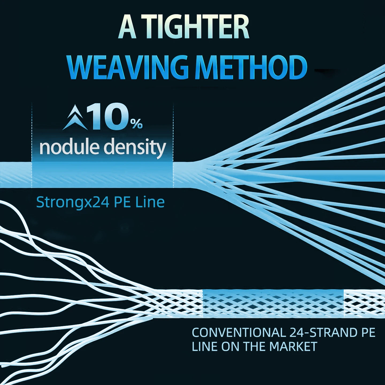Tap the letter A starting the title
127,27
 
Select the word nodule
69,147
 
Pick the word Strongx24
73,202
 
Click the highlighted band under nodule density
102,175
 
